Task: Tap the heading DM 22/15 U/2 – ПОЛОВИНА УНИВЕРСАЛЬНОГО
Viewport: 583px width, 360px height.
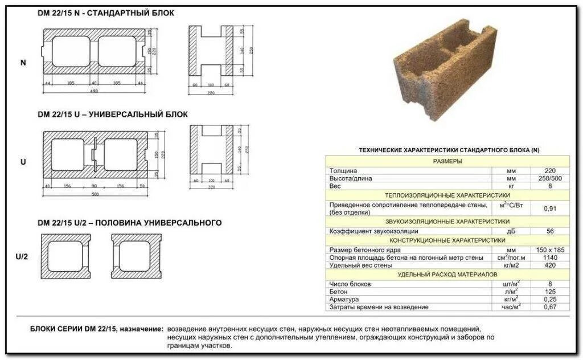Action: tap(129, 223)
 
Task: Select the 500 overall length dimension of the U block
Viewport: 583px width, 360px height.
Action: tap(95, 194)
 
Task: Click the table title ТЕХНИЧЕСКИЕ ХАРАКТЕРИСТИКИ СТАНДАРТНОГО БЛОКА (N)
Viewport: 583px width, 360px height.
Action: tap(449, 150)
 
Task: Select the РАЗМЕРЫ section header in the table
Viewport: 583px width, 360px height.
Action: tap(447, 161)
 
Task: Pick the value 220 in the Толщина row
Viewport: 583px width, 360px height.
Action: tap(549, 171)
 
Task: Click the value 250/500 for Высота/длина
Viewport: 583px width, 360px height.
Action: tap(549, 178)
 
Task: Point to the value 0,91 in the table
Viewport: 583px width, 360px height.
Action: tap(549, 208)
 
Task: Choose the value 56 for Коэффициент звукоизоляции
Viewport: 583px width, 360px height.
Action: tap(549, 232)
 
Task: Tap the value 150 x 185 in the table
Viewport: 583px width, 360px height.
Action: tap(549, 250)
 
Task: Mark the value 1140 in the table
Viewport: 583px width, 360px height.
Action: tap(549, 257)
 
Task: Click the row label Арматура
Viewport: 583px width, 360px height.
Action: tap(343, 299)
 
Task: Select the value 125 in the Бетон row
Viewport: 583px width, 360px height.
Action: tap(549, 292)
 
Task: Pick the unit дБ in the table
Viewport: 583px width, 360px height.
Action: tap(511, 232)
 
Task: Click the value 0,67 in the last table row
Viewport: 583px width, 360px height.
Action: tap(549, 307)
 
